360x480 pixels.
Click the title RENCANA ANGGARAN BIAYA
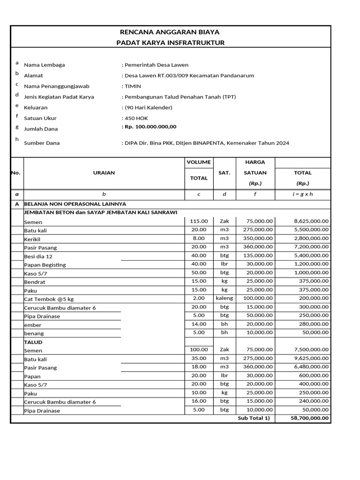point(170,32)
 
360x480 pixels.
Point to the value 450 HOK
point(136,118)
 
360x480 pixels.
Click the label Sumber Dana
point(42,143)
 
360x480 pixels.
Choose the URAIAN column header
point(104,172)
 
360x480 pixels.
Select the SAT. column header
point(224,172)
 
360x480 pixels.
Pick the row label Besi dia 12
point(38,256)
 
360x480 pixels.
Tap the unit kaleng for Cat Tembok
point(224,298)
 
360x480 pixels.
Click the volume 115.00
point(198,221)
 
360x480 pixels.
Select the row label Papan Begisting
point(45,265)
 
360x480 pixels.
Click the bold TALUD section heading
point(33,342)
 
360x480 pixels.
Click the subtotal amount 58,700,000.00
point(309,418)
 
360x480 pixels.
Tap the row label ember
point(33,325)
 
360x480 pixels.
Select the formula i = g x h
point(302,194)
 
